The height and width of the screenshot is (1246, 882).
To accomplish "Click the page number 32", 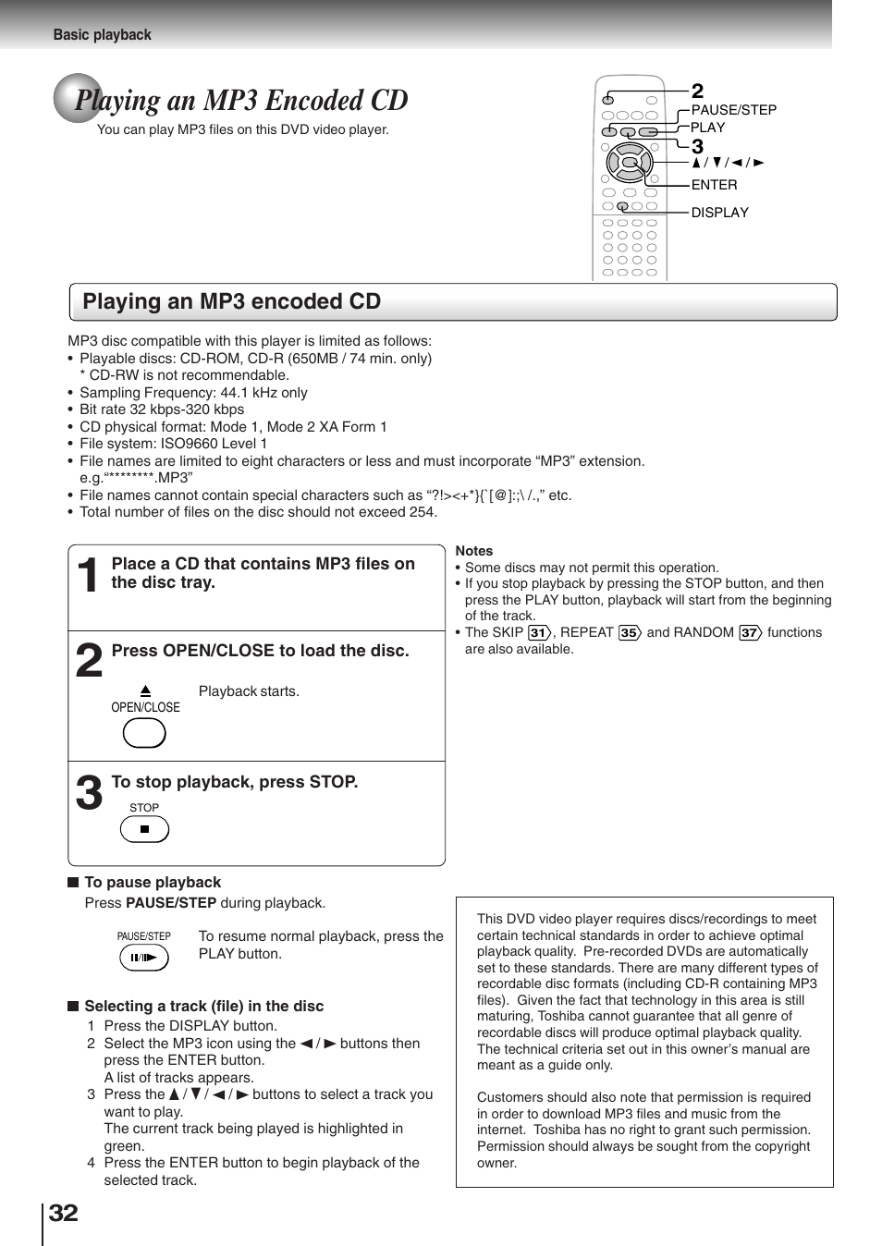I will click(x=63, y=1213).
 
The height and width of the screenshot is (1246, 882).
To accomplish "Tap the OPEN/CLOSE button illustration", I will click(x=144, y=733).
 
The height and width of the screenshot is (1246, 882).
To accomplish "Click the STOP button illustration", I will click(x=144, y=829).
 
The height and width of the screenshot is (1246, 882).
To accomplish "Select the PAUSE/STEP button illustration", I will click(x=144, y=958).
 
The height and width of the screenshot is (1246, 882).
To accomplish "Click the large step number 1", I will click(x=88, y=577).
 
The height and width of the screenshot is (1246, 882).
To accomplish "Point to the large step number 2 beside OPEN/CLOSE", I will click(x=89, y=662).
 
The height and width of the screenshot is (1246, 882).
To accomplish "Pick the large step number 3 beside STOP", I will click(x=89, y=793).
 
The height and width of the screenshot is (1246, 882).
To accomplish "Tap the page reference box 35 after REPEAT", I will click(x=630, y=633).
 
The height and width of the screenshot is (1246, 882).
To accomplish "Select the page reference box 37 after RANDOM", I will click(x=749, y=633).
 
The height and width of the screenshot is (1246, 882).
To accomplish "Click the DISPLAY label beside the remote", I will click(x=719, y=213).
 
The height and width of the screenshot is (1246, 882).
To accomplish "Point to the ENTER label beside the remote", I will click(x=714, y=185).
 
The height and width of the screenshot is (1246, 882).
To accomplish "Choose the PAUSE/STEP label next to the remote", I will click(x=733, y=110).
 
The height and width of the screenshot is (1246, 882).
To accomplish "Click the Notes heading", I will click(x=474, y=551).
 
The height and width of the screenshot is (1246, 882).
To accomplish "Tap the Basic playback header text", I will click(x=102, y=35).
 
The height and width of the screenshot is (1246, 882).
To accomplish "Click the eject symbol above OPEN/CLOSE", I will click(x=145, y=690).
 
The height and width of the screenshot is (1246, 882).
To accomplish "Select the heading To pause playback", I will click(x=153, y=883).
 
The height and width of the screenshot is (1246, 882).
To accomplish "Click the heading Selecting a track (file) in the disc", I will click(x=203, y=1007).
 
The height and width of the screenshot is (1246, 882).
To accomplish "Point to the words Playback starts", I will click(x=249, y=691).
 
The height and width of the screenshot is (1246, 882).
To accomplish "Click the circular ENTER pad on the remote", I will click(x=630, y=164).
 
